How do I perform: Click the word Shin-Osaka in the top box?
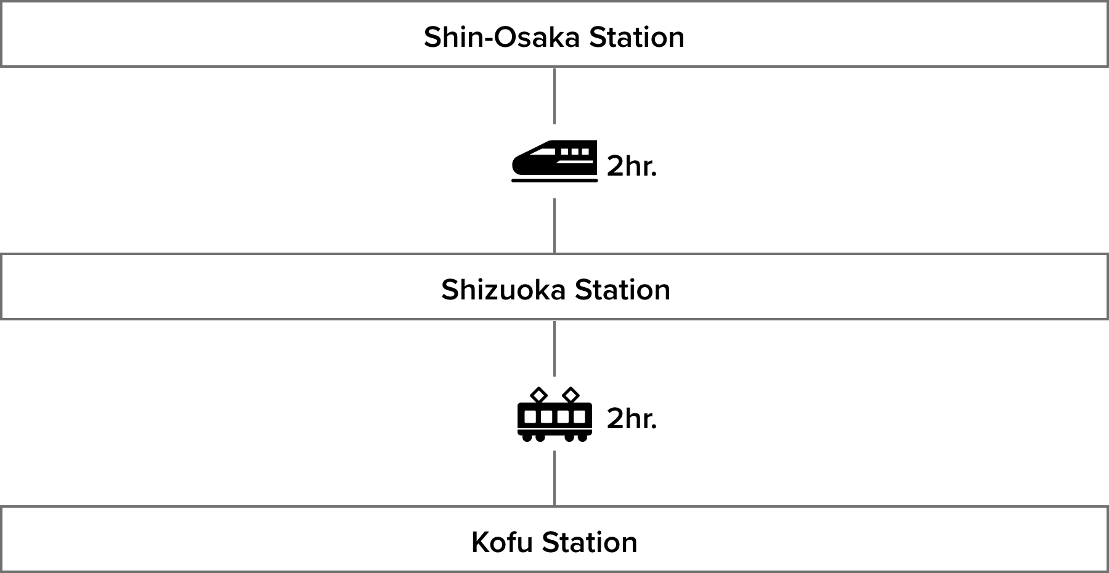pos(502,37)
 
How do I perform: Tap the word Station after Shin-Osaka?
pos(636,37)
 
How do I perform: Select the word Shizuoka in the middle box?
pos(503,290)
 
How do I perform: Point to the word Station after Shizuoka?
pos(622,290)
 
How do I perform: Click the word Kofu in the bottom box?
pos(502,542)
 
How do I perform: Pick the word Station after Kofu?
pos(590,542)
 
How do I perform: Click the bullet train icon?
pos(554,161)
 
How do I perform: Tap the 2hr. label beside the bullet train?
pos(632,166)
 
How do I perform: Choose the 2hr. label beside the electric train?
pos(632,419)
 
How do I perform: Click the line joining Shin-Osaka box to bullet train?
pos(554,95)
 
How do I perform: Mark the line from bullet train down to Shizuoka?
pos(554,226)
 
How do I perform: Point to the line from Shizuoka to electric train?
pos(554,348)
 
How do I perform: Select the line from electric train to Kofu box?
pos(554,478)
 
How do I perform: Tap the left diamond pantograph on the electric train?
pos(538,394)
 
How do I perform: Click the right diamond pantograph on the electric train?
pos(571,394)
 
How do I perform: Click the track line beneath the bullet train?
pos(554,181)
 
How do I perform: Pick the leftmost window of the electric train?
pos(529,417)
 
